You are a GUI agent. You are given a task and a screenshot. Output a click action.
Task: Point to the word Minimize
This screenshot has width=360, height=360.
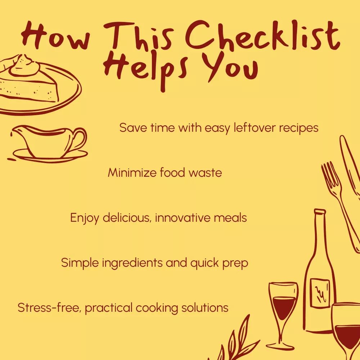tap(132, 172)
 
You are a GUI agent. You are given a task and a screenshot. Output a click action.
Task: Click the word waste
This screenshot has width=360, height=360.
tap(205, 173)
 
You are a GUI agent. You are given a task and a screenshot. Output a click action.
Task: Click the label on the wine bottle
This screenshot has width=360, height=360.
tap(320, 293)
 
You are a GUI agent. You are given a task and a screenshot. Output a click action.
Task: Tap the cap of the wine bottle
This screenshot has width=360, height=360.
tap(320, 211)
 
